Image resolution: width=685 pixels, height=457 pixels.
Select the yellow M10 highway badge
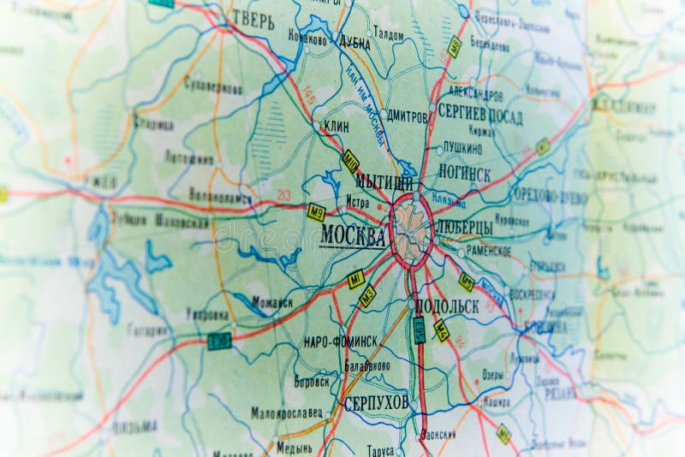350,161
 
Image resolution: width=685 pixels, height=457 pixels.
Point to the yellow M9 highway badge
317,212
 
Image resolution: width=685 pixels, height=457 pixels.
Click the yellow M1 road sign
355,279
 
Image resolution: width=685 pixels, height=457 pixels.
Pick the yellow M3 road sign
367,296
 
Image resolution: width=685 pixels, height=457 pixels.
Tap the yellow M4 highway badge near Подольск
441,330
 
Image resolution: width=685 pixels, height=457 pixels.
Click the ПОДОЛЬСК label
446,306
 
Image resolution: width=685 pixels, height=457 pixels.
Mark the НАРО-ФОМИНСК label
340,341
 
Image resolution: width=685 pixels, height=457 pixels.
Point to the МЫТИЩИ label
384,181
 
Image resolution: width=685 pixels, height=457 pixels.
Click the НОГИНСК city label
464,174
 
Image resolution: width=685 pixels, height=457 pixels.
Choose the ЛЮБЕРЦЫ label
464,228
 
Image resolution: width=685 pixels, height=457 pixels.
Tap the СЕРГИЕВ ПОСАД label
479,114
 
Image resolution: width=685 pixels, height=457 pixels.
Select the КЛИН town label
336,125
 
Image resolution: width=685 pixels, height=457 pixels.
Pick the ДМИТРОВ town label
406,116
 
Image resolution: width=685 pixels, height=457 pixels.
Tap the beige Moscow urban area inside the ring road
413,228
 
